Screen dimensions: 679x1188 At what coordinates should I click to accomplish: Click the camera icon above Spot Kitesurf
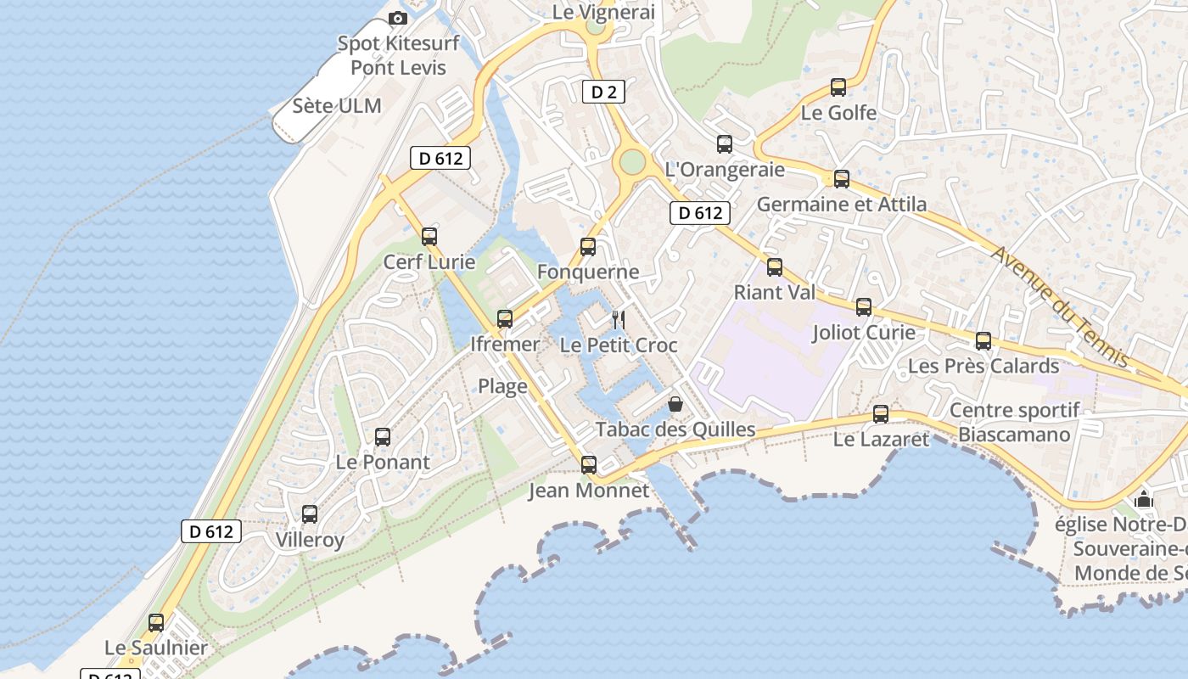(x=397, y=18)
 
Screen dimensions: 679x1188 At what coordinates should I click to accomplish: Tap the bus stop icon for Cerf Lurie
(x=429, y=237)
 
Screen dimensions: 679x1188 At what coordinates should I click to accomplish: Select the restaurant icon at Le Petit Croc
(x=619, y=320)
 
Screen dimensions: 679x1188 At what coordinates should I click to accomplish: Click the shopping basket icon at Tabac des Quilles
(x=675, y=404)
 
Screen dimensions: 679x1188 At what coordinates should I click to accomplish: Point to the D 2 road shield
(x=603, y=92)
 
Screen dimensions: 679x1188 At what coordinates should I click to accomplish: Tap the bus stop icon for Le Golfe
(x=838, y=87)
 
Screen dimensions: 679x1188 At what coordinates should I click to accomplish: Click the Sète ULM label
(x=337, y=106)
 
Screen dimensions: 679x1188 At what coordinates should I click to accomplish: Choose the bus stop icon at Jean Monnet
(x=589, y=465)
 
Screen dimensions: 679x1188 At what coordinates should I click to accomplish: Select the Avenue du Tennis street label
(x=1061, y=308)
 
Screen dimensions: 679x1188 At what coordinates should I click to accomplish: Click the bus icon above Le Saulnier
(x=156, y=623)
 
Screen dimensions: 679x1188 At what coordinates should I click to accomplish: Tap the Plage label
(x=502, y=386)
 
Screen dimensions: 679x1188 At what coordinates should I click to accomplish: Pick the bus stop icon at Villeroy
(x=310, y=514)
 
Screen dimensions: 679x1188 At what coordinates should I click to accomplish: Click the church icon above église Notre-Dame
(x=1144, y=499)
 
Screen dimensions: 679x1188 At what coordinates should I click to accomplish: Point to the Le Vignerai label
(x=603, y=12)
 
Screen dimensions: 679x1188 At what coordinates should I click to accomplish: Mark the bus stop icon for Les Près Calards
(x=983, y=341)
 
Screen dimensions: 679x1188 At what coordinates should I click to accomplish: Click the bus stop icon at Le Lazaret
(x=881, y=414)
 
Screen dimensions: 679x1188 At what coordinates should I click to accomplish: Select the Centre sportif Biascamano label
(x=1015, y=423)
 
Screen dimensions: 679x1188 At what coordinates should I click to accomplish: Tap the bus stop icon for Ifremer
(x=505, y=319)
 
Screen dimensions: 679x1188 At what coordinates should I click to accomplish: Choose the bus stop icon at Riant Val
(x=775, y=267)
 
